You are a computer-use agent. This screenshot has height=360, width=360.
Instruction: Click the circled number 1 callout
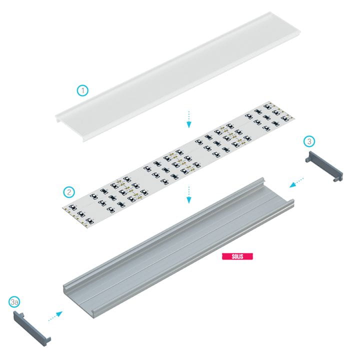pyautogui.click(x=82, y=90)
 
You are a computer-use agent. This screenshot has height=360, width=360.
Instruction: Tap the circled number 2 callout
pyautogui.click(x=69, y=192)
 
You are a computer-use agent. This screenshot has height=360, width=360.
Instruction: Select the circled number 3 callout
pyautogui.click(x=309, y=141)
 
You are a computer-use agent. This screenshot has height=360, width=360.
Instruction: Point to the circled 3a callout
pyautogui.click(x=14, y=302)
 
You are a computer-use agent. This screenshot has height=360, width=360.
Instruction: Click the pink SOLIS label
pyautogui.click(x=237, y=256)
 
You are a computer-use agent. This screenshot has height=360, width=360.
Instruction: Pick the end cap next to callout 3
pyautogui.click(x=324, y=166)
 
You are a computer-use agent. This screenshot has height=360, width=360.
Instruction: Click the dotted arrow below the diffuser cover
pyautogui.click(x=188, y=119)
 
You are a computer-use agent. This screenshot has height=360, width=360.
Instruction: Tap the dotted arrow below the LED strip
pyautogui.click(x=188, y=194)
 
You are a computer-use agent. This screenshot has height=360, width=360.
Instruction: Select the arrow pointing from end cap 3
pyautogui.click(x=296, y=182)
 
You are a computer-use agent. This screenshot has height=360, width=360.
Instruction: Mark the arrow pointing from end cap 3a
pyautogui.click(x=55, y=316)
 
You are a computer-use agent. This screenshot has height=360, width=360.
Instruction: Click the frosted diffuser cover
pyautogui.click(x=178, y=76)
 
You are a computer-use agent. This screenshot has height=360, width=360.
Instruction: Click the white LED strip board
pyautogui.click(x=178, y=165)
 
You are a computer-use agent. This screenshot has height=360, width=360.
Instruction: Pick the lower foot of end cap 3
pyautogui.click(x=338, y=178)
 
